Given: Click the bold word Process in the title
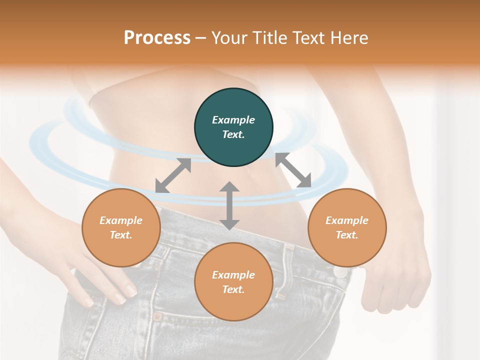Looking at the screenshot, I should (157, 38).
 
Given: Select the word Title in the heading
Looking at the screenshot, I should (269, 38).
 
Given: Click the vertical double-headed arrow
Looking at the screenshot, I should (229, 205).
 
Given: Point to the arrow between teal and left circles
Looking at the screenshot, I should (173, 175).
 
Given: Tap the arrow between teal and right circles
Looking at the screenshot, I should (293, 170).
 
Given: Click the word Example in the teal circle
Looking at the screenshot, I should (233, 120).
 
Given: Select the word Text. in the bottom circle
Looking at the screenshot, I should (233, 289).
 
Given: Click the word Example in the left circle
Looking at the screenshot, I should (121, 220).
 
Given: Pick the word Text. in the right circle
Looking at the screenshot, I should (347, 235).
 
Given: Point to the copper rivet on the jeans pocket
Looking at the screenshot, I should (157, 316).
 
